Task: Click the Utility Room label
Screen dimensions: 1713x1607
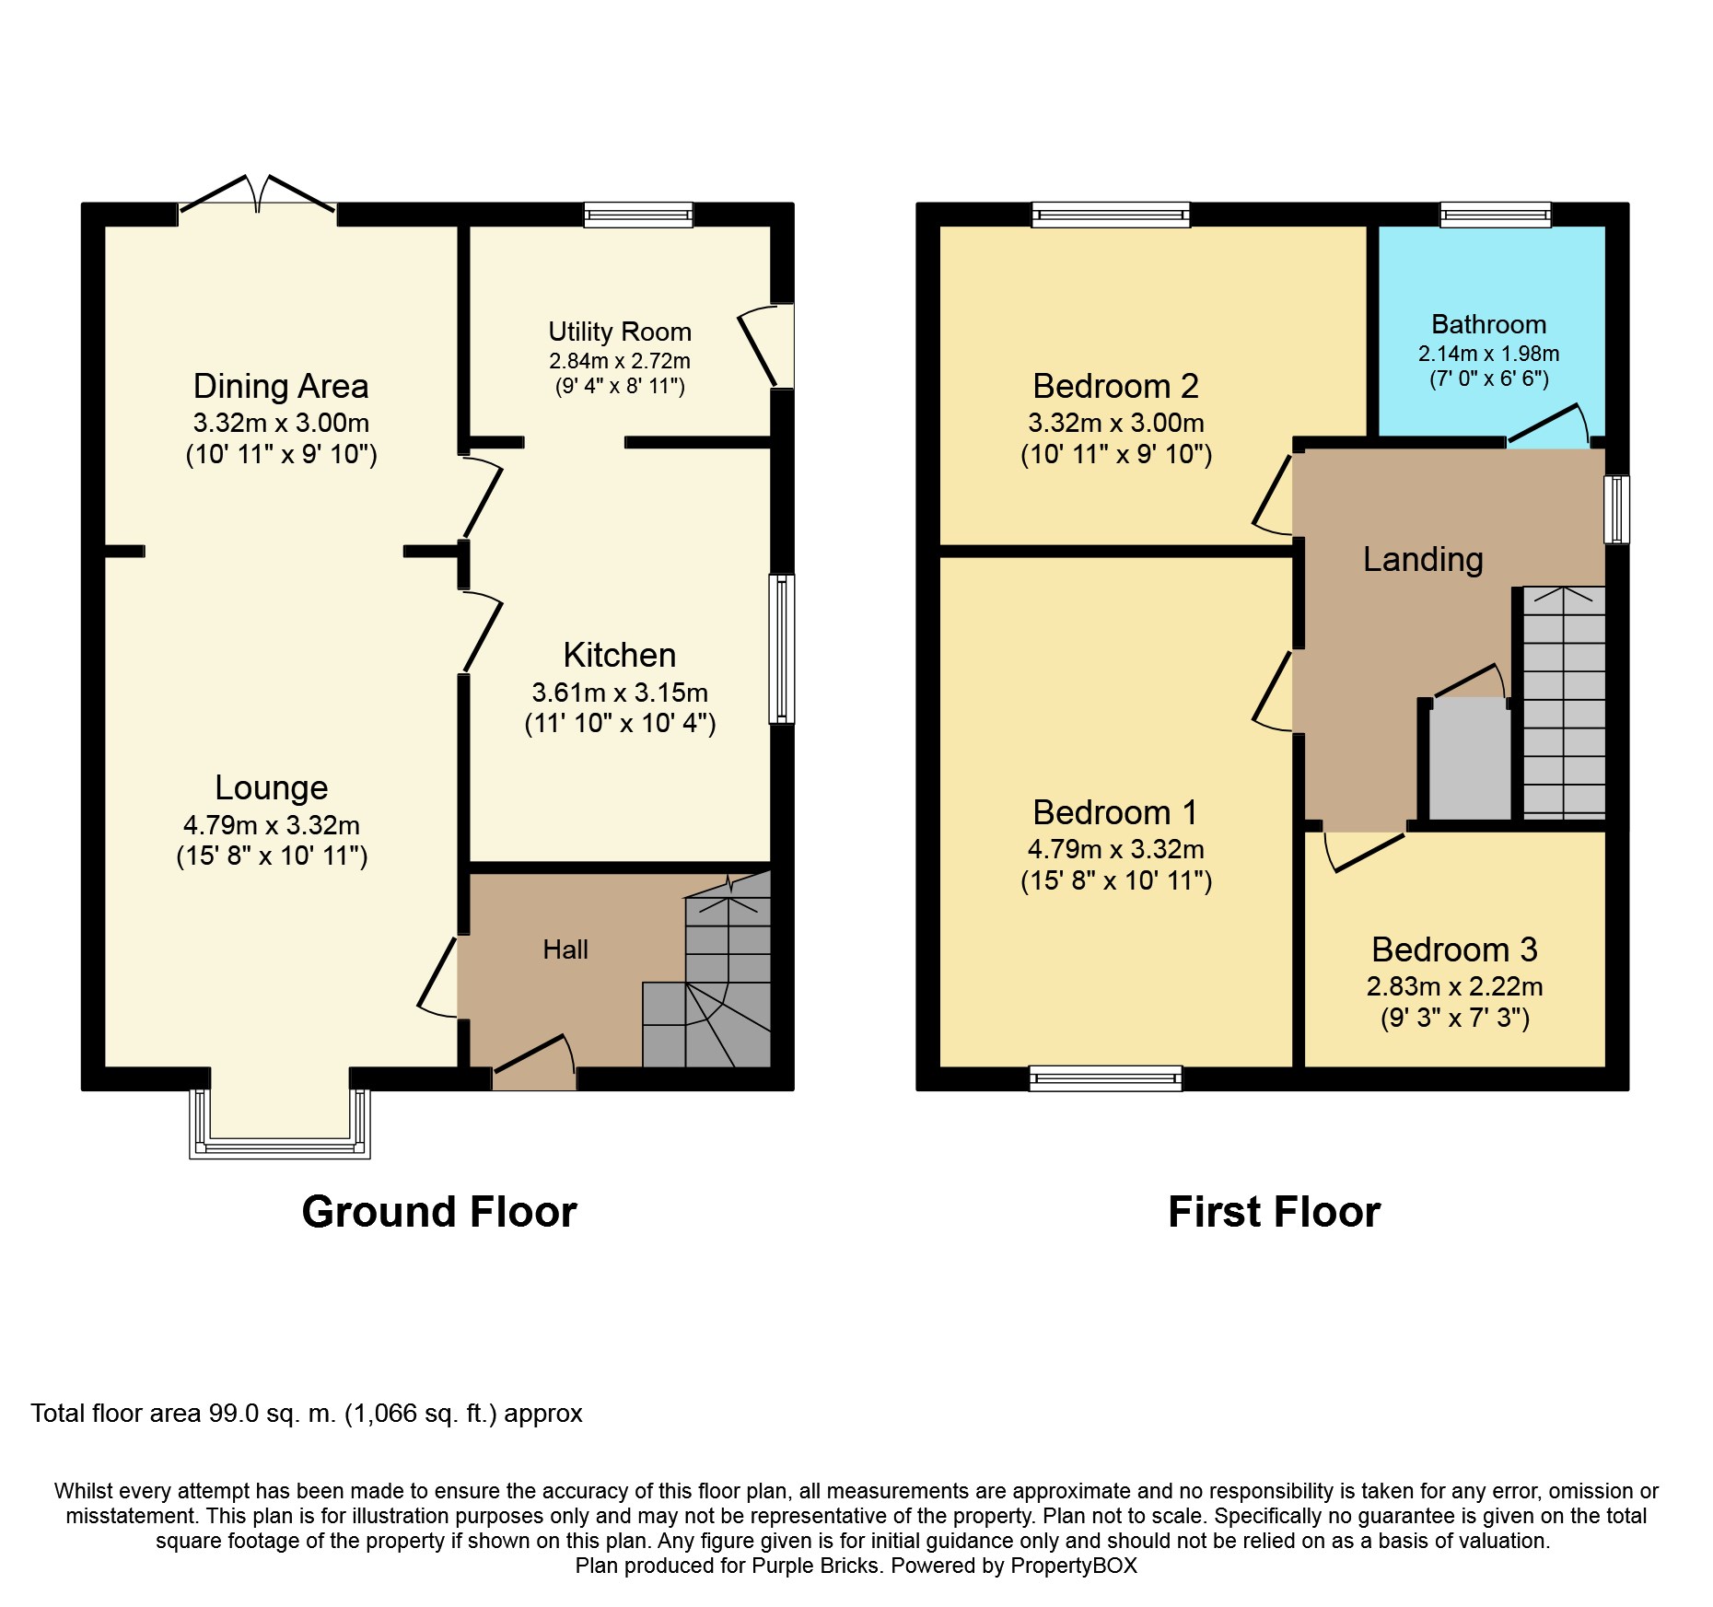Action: click(620, 332)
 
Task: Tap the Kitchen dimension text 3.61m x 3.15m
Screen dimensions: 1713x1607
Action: click(620, 693)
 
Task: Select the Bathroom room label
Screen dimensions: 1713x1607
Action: click(1488, 324)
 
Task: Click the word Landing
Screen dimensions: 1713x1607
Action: click(1423, 560)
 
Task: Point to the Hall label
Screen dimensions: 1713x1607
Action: click(565, 949)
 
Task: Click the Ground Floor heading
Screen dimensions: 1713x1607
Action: click(439, 1212)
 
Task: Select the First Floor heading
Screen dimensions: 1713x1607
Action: click(1274, 1212)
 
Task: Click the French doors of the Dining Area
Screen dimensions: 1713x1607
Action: click(257, 193)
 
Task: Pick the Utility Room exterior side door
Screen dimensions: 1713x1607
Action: click(766, 346)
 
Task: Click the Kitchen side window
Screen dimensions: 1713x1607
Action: click(782, 648)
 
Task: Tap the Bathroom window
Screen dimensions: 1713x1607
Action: click(1496, 215)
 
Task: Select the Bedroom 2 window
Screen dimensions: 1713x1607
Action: click(1111, 215)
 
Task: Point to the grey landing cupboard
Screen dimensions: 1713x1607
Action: click(1470, 759)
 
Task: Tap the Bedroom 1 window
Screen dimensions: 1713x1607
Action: click(1105, 1078)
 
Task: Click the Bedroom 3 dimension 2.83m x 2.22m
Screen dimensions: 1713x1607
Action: click(1454, 986)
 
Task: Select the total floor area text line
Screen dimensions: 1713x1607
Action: click(307, 1414)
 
